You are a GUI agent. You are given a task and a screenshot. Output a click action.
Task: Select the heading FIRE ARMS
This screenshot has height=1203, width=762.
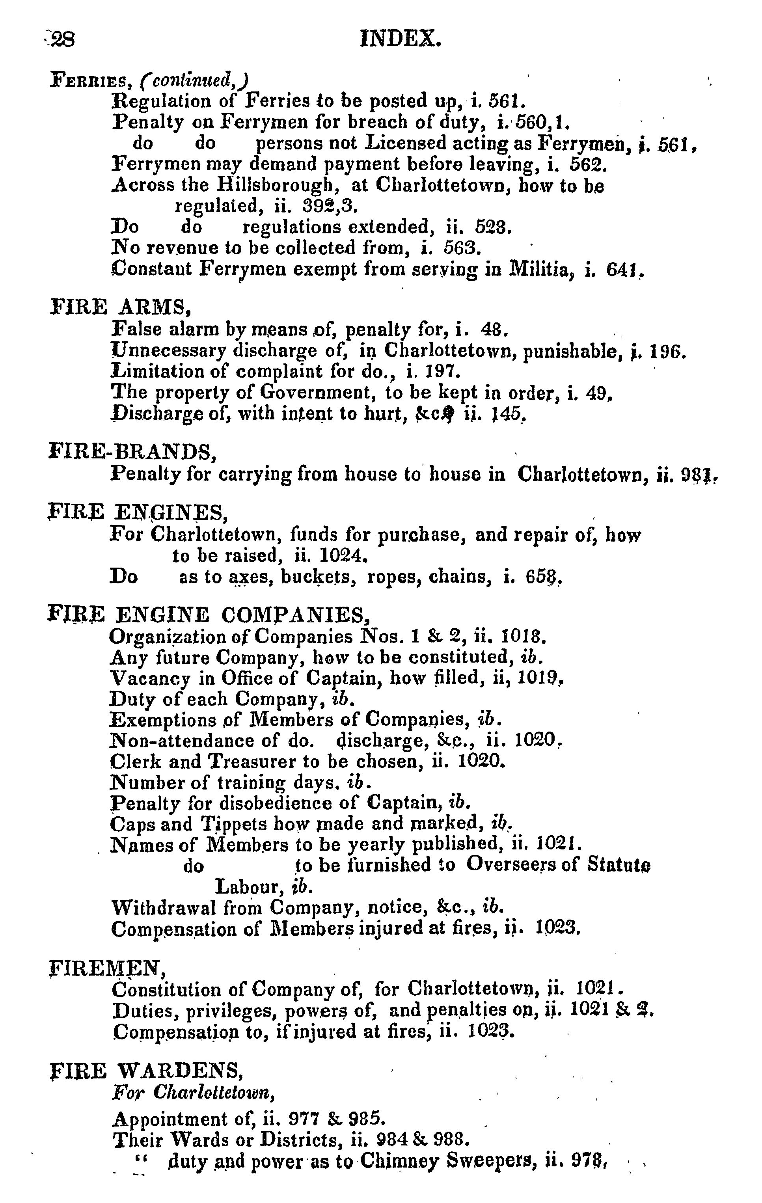tap(121, 307)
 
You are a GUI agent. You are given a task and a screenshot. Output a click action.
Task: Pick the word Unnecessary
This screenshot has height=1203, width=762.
tap(170, 351)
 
